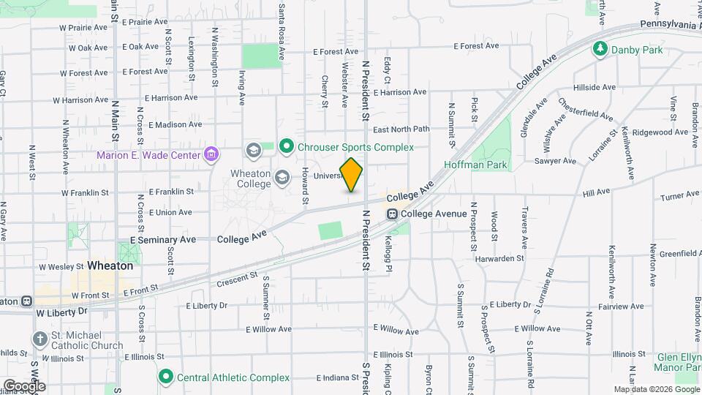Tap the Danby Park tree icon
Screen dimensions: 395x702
coord(600,49)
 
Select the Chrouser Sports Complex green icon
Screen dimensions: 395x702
coord(287,147)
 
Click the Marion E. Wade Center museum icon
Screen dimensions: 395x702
coord(211,154)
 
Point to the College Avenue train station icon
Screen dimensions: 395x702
coord(393,214)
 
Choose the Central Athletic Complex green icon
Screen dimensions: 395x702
coord(165,377)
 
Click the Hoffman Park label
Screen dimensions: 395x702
coord(475,165)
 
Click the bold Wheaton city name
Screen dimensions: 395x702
coord(110,266)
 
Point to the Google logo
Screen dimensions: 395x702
coord(23,385)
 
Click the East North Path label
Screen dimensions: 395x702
coord(401,129)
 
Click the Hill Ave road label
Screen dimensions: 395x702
coord(596,193)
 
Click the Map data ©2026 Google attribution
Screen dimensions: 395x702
coord(655,389)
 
